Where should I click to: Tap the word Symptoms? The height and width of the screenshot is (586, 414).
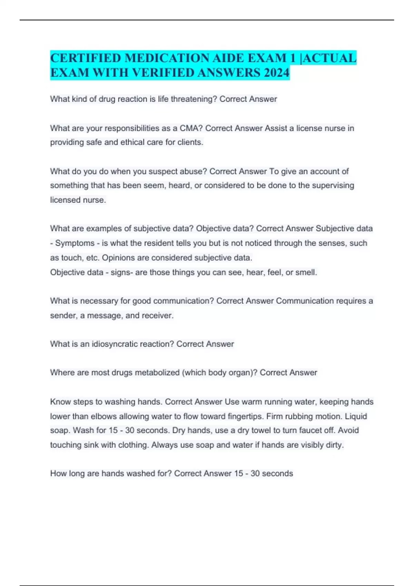75,243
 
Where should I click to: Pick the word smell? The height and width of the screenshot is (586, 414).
305,272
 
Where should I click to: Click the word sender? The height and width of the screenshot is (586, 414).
63,315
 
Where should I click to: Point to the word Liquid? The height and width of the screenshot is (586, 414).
356,416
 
